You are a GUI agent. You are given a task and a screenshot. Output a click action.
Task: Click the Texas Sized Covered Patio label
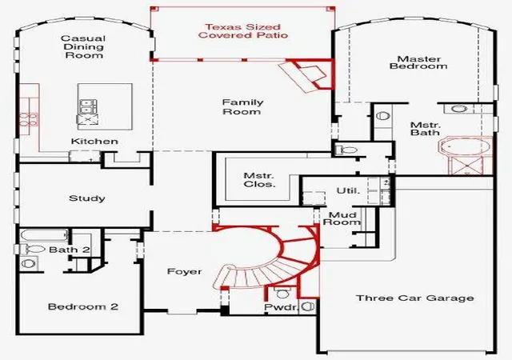243,31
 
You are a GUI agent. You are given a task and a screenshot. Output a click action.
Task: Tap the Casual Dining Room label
83,47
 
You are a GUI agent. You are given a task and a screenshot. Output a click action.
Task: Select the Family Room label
242,107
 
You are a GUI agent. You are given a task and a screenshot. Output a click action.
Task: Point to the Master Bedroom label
418,62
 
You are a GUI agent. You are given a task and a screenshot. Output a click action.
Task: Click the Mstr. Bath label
425,129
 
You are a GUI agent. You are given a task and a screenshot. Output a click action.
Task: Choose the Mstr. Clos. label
259,180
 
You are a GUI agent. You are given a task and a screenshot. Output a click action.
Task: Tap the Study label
87,198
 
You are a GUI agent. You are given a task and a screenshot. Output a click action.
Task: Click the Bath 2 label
70,250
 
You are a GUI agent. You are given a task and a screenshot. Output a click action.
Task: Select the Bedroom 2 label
83,306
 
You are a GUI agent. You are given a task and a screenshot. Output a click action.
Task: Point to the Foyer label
184,271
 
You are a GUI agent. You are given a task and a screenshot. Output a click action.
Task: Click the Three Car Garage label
414,298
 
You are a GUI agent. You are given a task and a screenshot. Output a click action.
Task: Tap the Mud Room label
342,218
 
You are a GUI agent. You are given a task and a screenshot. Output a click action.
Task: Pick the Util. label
348,190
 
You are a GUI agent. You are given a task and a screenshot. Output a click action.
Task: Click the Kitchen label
94,142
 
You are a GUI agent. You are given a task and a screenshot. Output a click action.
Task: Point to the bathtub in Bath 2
45,235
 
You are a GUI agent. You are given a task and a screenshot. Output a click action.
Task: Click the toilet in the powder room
282,292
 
